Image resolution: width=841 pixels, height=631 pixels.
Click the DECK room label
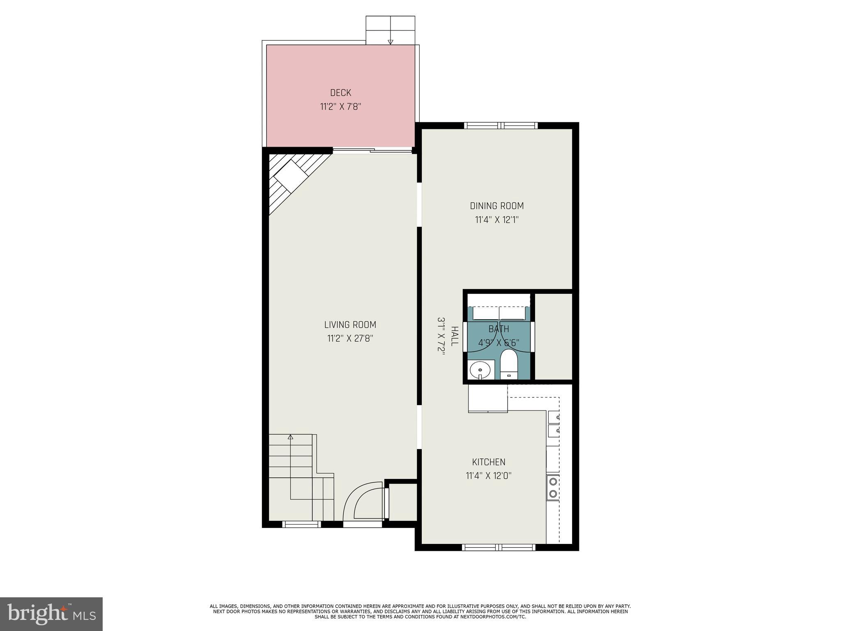pos(340,93)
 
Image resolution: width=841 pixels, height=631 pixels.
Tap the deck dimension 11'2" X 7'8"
pos(340,107)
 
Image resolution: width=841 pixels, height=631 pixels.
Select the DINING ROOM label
pos(496,206)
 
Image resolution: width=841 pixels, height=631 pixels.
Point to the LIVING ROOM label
pos(350,325)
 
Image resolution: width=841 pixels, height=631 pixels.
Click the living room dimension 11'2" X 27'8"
pos(350,339)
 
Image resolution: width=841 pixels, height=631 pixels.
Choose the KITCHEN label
pos(488,462)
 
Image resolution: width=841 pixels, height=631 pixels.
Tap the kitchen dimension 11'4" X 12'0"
pos(488,476)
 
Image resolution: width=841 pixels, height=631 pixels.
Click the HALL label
pos(454,336)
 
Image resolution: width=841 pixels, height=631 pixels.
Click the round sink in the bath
pos(481,369)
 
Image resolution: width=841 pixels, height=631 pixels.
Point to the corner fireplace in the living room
pos(291,177)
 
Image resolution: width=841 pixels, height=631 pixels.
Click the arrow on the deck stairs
pos(390,41)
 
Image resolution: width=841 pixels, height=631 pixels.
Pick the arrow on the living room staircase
pos(291,438)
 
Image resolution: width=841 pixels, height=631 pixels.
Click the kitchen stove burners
pos(553,487)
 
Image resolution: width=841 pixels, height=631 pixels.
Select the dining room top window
pos(501,125)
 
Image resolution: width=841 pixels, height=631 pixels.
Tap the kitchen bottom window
pos(498,547)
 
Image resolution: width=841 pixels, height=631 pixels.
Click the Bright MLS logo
pos(51,614)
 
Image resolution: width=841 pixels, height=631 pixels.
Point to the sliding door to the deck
pos(372,151)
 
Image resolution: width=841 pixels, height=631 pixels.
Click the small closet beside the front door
pos(402,502)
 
